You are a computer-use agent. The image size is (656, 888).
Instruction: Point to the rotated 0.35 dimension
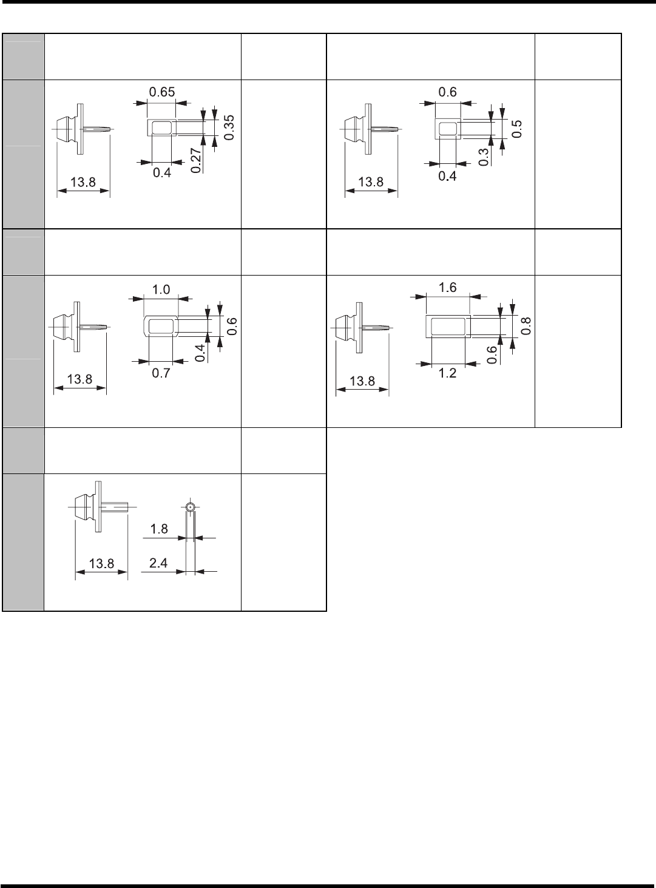click(x=229, y=127)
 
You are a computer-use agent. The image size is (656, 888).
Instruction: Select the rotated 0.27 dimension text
click(x=195, y=160)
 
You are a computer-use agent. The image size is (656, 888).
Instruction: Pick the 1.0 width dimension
click(x=161, y=290)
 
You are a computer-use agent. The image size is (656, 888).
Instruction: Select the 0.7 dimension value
click(x=161, y=374)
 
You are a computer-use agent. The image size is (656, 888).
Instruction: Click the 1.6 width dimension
click(x=448, y=288)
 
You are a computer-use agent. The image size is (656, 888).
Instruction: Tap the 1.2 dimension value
click(x=447, y=373)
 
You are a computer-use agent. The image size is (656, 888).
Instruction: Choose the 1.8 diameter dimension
click(x=158, y=529)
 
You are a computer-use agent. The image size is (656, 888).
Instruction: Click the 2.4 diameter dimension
click(x=158, y=563)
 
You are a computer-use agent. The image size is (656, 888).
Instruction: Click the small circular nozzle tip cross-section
click(x=191, y=506)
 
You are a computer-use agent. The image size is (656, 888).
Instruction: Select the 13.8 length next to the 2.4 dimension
click(x=101, y=563)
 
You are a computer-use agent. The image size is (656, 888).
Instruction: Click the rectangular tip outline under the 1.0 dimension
click(x=161, y=327)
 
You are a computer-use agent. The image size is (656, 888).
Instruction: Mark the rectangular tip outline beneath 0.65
click(x=161, y=127)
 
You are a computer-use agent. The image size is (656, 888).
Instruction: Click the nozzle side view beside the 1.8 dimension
click(x=100, y=506)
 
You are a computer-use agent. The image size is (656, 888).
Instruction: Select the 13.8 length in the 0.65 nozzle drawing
click(x=83, y=182)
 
